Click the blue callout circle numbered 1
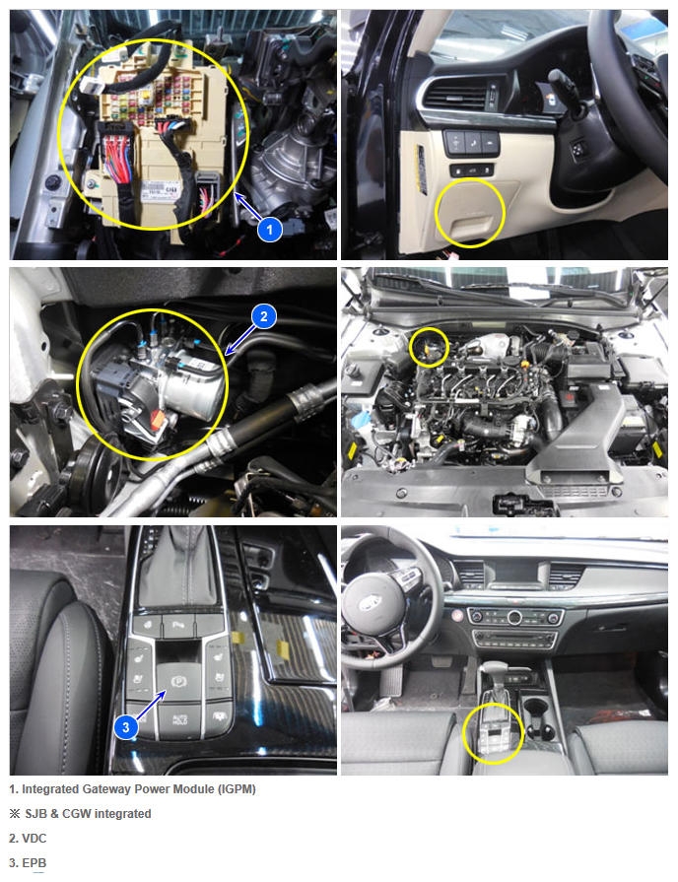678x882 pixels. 269,229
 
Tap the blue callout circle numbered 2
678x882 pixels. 264,316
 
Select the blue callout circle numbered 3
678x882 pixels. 125,726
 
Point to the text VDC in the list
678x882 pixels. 34,838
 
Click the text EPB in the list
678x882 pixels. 34,863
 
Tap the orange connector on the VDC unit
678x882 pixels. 158,419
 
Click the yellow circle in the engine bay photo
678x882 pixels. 430,348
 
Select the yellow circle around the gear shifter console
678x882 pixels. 493,733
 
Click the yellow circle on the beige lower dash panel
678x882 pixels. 470,213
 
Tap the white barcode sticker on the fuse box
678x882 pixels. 161,189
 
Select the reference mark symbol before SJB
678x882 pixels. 15,814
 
